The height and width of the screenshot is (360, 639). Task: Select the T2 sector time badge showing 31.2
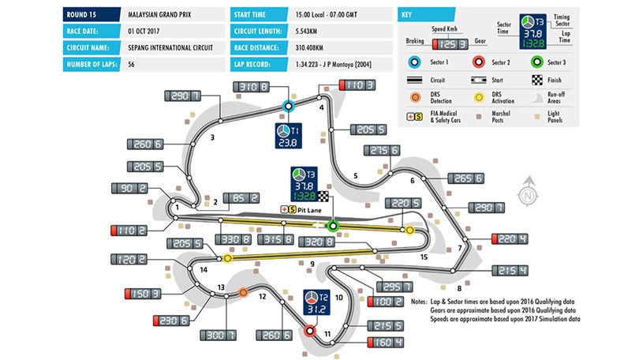point(316,304)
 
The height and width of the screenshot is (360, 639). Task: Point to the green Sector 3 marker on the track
point(333,227)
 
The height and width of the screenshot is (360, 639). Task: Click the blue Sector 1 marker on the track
point(289,104)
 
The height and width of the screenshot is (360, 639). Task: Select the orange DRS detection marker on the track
point(244,292)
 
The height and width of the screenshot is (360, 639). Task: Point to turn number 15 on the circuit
point(424,257)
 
